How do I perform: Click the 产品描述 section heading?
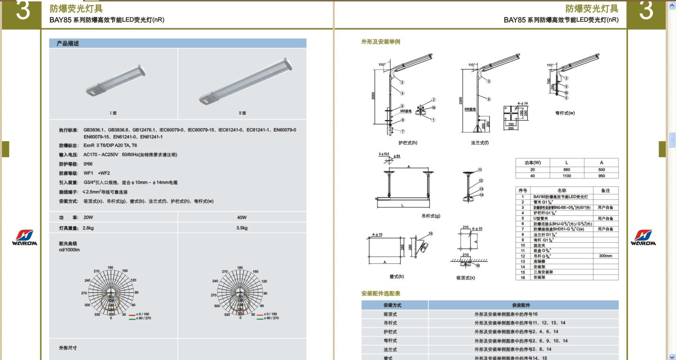coord(68,43)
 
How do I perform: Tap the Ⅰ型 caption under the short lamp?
coord(113,113)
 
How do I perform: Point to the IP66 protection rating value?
coord(88,164)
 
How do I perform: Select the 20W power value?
coord(89,217)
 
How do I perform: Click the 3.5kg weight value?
coord(242,228)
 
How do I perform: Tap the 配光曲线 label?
coord(68,244)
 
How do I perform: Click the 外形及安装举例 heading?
coord(381,42)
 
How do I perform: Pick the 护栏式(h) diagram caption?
coord(407,143)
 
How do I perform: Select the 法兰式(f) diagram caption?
coord(480,143)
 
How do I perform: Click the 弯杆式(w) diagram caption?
coord(565,113)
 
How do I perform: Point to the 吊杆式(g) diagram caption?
coord(431,216)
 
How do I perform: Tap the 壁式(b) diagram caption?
coord(397,276)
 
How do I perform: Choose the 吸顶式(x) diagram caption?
coord(466,277)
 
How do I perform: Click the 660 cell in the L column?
coord(567,169)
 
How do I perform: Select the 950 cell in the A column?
coord(601,176)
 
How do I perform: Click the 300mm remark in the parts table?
coord(606,256)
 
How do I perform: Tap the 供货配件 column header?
coord(523,305)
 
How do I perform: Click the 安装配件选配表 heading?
coord(381,293)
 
